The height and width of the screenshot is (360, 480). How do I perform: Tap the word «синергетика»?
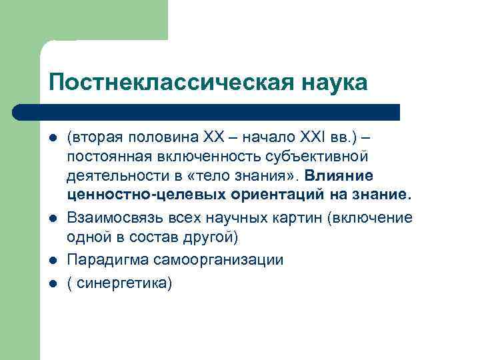(122, 283)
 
